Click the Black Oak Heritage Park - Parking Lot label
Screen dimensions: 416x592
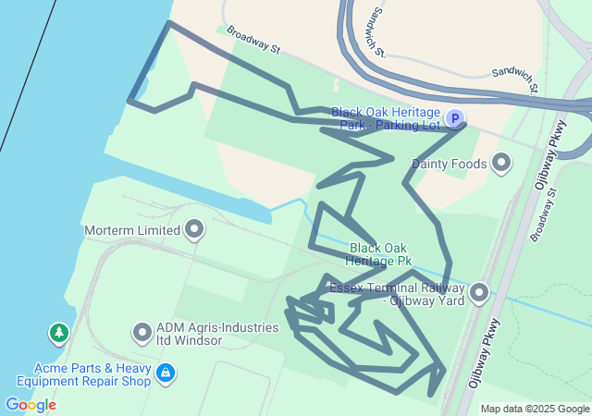(x=387, y=118)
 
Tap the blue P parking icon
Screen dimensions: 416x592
(x=454, y=118)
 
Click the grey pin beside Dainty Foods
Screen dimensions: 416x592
(x=501, y=164)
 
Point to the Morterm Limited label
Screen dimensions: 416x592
(x=129, y=229)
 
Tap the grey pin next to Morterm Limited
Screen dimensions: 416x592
(x=194, y=228)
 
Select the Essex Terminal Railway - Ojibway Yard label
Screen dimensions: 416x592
(x=399, y=294)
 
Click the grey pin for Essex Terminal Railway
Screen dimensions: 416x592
(x=479, y=293)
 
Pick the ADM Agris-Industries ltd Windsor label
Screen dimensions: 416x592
(x=216, y=334)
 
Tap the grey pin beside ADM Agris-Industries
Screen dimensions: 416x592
(x=142, y=331)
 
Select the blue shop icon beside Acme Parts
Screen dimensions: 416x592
(x=165, y=373)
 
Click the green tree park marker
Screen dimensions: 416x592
(x=59, y=332)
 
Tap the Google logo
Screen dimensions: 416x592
(x=31, y=405)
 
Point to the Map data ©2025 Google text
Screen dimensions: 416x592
(x=535, y=409)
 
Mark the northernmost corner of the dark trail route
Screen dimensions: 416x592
(x=168, y=22)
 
